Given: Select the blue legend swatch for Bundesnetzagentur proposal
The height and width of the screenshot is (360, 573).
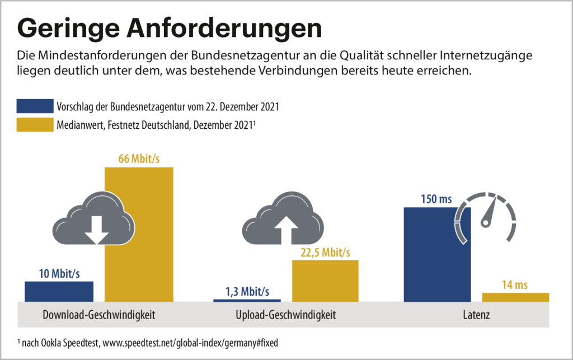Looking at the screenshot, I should click(35, 106).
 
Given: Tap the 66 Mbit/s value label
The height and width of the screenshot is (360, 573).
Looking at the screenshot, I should click(139, 159).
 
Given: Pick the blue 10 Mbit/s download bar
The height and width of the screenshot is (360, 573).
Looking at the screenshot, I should click(59, 291).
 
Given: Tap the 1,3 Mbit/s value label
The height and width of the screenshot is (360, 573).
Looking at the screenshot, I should click(247, 292).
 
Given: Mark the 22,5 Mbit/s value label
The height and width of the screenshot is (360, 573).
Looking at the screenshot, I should click(325, 252).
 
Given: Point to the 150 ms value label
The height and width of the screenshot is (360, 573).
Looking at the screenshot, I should click(436, 199).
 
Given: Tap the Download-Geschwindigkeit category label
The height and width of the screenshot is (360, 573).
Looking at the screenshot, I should click(99, 315).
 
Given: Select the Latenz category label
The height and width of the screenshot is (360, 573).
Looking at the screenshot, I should click(476, 315).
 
